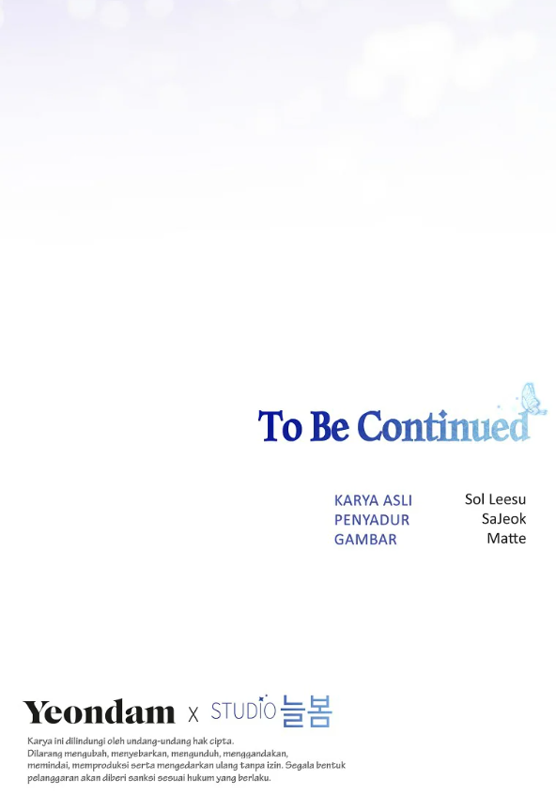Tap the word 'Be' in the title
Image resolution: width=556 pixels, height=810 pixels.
coord(329,426)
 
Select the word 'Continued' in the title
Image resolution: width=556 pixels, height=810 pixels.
coord(444,426)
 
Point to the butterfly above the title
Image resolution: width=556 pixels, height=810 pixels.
coord(533,399)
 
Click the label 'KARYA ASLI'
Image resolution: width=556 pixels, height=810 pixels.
coord(373,500)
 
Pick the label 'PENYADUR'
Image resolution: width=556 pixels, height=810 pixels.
coord(372,520)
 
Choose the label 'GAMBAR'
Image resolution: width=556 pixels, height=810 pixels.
coord(365,540)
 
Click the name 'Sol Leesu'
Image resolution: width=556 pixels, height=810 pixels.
coord(495,499)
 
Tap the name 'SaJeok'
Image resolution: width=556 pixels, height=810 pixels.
coord(503,519)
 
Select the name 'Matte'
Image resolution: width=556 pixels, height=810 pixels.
coord(506,538)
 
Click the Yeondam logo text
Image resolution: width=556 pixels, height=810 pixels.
coord(100,712)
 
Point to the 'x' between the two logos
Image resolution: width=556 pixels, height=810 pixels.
coord(193,714)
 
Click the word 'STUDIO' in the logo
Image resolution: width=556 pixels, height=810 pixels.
coord(243,710)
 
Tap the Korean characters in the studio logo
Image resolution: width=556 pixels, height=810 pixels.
coord(306,711)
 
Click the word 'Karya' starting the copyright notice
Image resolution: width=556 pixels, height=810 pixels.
coord(39,741)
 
